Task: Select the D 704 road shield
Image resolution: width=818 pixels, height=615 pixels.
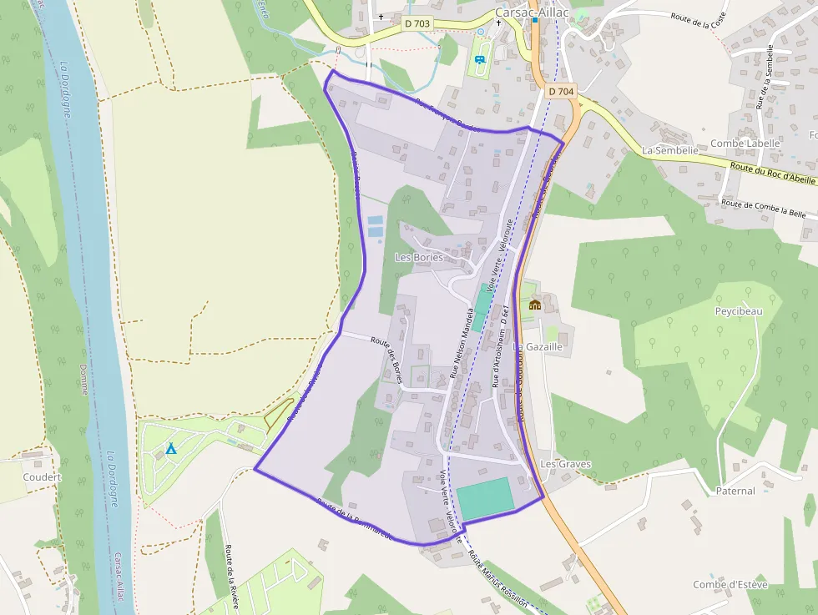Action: pyautogui.click(x=562, y=91)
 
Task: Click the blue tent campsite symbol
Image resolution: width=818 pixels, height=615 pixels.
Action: pyautogui.click(x=171, y=448)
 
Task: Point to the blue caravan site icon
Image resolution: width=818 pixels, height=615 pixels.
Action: pyautogui.click(x=480, y=59)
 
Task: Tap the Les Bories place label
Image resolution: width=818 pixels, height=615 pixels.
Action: pyautogui.click(x=418, y=257)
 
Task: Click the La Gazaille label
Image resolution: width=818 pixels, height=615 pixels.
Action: pyautogui.click(x=538, y=346)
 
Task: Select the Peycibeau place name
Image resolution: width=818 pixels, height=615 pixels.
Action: pyautogui.click(x=739, y=311)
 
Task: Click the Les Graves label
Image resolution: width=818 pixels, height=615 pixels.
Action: pyautogui.click(x=565, y=464)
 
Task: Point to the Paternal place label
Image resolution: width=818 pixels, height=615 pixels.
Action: pyautogui.click(x=735, y=491)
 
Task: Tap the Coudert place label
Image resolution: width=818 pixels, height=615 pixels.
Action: pyautogui.click(x=42, y=477)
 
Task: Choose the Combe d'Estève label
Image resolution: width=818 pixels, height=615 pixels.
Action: pyautogui.click(x=730, y=584)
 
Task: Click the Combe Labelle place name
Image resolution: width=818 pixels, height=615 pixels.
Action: pyautogui.click(x=745, y=143)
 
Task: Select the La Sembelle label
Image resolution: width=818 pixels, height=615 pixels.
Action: pyautogui.click(x=669, y=150)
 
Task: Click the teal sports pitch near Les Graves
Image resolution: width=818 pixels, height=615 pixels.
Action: pyautogui.click(x=484, y=497)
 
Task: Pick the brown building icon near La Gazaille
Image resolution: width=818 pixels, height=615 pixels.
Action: pyautogui.click(x=535, y=305)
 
